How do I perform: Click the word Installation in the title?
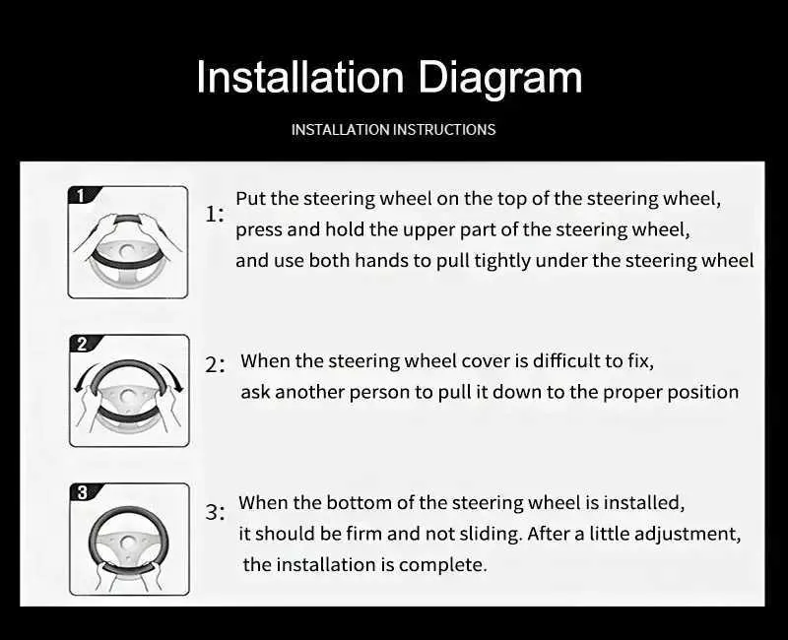pos(300,77)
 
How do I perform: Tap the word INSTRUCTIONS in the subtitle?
pos(444,130)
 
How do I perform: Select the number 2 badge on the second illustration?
pos(83,344)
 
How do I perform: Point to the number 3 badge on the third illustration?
pos(83,493)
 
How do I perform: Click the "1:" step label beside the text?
pos(215,215)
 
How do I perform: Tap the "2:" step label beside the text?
pos(215,364)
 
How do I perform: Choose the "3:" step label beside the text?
pos(215,513)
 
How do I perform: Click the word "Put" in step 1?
pos(251,199)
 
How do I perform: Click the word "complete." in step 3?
pos(442,565)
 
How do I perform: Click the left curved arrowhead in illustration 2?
pos(78,387)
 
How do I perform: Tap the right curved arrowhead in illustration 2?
pos(179,388)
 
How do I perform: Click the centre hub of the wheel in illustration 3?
pos(128,544)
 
